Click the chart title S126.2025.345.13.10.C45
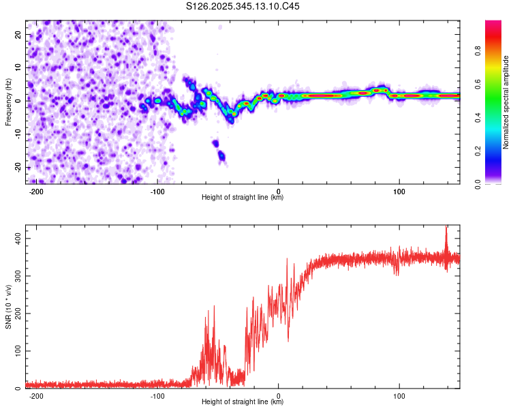coord(243,6)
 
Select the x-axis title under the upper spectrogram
coord(243,198)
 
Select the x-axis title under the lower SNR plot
coord(243,402)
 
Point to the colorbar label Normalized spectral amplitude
coord(506,102)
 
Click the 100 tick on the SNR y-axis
coord(16,351)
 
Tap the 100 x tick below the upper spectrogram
coord(400,192)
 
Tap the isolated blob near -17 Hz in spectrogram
coord(221,156)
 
